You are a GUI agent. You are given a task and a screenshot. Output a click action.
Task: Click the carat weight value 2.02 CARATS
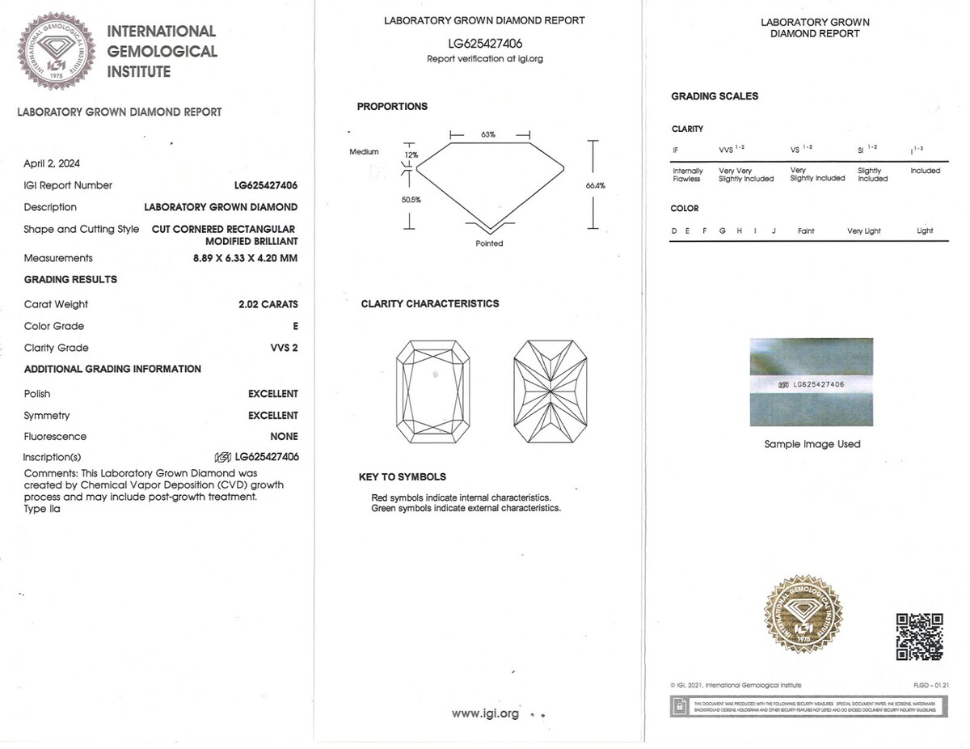pyautogui.click(x=268, y=304)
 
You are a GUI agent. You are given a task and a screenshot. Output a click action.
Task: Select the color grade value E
pyautogui.click(x=295, y=326)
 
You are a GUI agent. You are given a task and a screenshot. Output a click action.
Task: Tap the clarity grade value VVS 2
pyautogui.click(x=284, y=348)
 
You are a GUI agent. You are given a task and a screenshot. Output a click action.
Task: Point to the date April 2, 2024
pyautogui.click(x=52, y=163)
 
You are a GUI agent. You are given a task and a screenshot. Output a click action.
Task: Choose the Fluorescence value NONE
pyautogui.click(x=284, y=437)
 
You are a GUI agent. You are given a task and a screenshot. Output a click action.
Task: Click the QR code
pyautogui.click(x=919, y=637)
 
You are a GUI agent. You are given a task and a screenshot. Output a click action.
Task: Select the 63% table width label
pyautogui.click(x=488, y=134)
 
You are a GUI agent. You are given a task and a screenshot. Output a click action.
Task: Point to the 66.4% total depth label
pyautogui.click(x=595, y=186)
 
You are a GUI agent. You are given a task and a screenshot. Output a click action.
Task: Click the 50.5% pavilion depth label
pyautogui.click(x=411, y=200)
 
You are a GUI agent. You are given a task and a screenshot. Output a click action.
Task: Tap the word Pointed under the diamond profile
pyautogui.click(x=489, y=243)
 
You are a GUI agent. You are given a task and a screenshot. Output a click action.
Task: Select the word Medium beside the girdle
pyautogui.click(x=364, y=152)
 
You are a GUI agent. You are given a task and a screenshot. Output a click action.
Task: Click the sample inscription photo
pyautogui.click(x=811, y=382)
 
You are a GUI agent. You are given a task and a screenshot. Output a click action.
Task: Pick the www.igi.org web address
pyautogui.click(x=485, y=713)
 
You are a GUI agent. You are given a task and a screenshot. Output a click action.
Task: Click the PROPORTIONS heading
pyautogui.click(x=392, y=107)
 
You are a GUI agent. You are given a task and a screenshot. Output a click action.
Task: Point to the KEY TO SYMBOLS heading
pyautogui.click(x=402, y=477)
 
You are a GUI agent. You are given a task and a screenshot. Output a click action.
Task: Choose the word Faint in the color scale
pyautogui.click(x=806, y=231)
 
